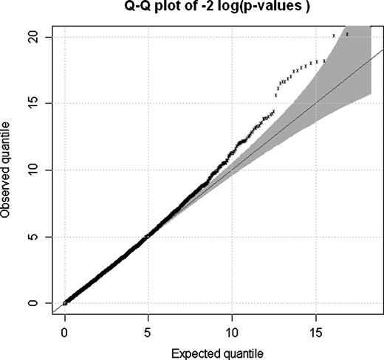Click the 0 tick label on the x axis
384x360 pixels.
click(65, 330)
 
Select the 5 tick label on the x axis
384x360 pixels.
click(148, 330)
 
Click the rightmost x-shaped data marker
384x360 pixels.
click(346, 34)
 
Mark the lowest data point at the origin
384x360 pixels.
click(65, 302)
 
